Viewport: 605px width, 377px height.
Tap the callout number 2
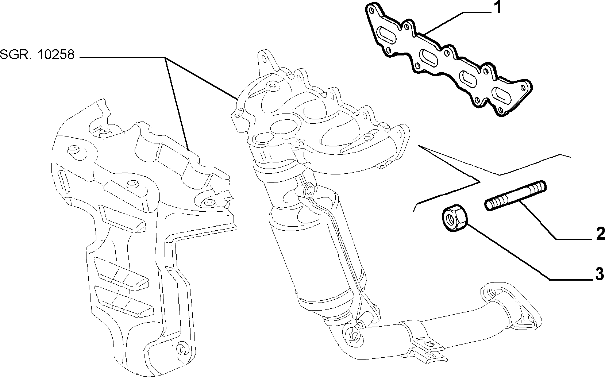[600, 234]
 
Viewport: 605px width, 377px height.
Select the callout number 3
[599, 274]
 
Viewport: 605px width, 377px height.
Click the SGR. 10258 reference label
[37, 55]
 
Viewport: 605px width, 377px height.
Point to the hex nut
[454, 218]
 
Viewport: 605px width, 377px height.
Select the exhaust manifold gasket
[448, 59]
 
